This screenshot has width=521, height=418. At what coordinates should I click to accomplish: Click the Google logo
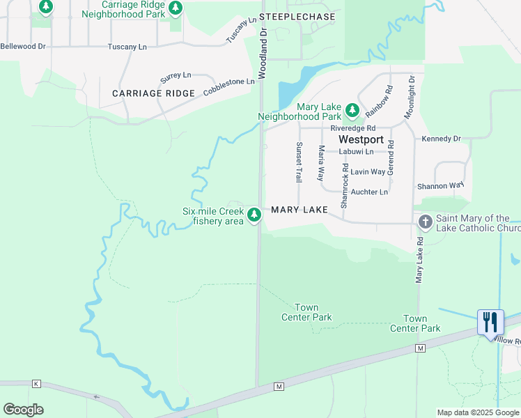[x=23, y=410]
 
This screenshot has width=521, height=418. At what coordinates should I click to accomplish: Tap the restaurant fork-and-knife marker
[x=491, y=322]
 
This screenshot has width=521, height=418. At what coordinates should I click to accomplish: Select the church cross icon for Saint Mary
[x=424, y=222]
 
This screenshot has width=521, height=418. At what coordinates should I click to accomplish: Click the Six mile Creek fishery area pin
[x=255, y=214]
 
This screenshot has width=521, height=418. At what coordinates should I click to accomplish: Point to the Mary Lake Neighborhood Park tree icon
[x=352, y=110]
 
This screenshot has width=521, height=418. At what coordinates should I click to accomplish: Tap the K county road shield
[x=36, y=383]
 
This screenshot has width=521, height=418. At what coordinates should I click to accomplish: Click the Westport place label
[x=361, y=139]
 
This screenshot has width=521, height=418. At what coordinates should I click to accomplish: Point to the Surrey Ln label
[x=176, y=75]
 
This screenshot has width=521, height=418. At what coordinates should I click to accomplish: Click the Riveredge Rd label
[x=353, y=128]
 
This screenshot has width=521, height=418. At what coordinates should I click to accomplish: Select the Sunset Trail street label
[x=300, y=162]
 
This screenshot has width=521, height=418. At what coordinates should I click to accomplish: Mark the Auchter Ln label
[x=369, y=192]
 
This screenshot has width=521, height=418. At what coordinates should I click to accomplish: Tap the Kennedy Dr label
[x=441, y=139]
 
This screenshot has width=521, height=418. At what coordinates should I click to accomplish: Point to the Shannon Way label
[x=440, y=186]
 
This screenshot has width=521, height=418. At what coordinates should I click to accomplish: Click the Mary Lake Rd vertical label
[x=419, y=259]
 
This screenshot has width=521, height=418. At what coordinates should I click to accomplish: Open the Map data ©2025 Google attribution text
[x=477, y=412]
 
